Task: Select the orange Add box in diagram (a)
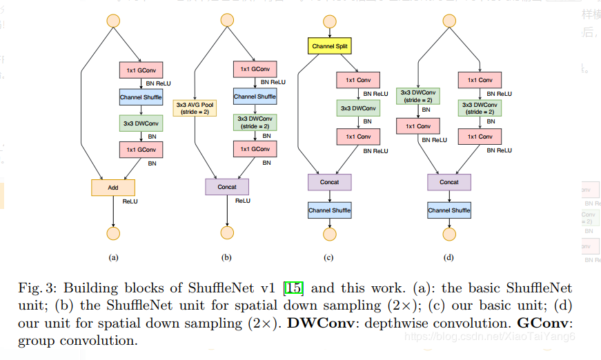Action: pyautogui.click(x=112, y=187)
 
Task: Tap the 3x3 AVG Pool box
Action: pyautogui.click(x=195, y=107)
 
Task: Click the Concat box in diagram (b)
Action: pyautogui.click(x=227, y=187)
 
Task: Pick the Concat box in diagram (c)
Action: pyautogui.click(x=329, y=182)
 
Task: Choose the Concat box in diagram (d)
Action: pyautogui.click(x=449, y=182)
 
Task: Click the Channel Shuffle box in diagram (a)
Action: pyautogui.click(x=141, y=97)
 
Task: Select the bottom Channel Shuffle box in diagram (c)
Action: pyautogui.click(x=329, y=210)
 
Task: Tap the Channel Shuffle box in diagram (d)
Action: pyautogui.click(x=449, y=210)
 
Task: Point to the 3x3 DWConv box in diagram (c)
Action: pyautogui.click(x=358, y=108)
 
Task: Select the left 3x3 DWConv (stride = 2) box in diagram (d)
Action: pyautogui.click(x=417, y=97)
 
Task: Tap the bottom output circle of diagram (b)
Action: pyautogui.click(x=227, y=232)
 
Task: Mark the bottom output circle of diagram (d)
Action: pyautogui.click(x=449, y=232)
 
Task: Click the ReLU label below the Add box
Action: pyautogui.click(x=130, y=201)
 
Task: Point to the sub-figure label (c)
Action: pyautogui.click(x=328, y=258)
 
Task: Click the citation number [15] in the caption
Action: pyautogui.click(x=294, y=288)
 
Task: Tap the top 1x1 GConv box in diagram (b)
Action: pyautogui.click(x=255, y=70)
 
